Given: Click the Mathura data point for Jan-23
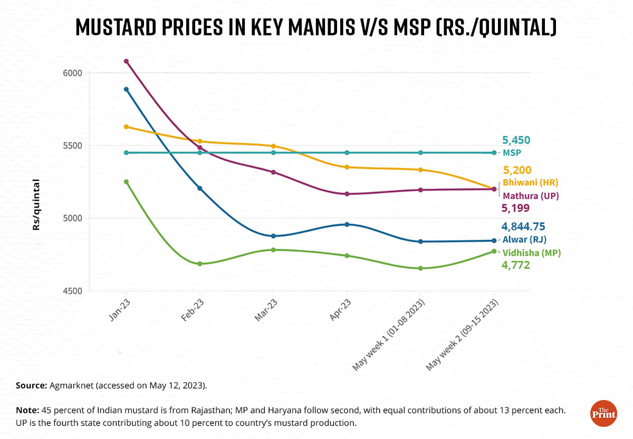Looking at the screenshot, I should pos(126,61).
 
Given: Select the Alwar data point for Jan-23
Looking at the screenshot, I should pos(126,89).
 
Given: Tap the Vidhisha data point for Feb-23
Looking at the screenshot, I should pos(200,264).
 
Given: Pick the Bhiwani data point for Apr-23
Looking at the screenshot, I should pos(347,167).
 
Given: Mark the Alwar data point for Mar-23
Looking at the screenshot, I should pos(273,236).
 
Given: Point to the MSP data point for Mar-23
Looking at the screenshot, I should pos(273,153).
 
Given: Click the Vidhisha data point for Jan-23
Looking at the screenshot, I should pos(126,182).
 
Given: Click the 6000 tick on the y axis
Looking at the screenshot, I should pos(73,73).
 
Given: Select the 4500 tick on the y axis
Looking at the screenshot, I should pos(73,291).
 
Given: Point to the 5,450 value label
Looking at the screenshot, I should pos(516,140).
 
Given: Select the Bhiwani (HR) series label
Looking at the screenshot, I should pos(530,182).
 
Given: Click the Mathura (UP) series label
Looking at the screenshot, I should pos(530,196).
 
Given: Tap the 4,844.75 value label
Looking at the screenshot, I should pos(523,227).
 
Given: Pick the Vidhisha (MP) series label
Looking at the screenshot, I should pos(531,253).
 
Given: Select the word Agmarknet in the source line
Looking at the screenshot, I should pos(72,385).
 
